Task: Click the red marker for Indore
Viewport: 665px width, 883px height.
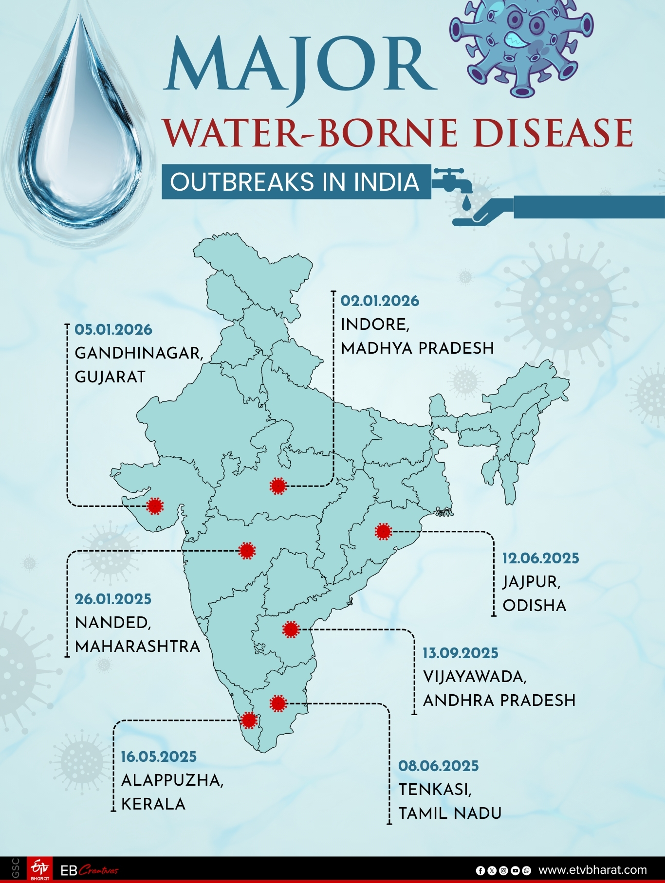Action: tap(277, 486)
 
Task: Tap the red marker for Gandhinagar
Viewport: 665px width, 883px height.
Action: tap(155, 506)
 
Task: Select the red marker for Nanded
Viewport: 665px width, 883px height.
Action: tap(247, 551)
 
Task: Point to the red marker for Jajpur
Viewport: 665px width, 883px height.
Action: tap(383, 531)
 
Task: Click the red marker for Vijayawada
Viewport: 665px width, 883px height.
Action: tap(291, 629)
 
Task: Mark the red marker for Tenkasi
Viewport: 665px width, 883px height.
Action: tap(278, 703)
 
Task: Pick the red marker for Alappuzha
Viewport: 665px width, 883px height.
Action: tap(249, 720)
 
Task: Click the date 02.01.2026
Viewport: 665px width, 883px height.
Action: tap(380, 301)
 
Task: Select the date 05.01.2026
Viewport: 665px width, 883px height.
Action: tap(113, 330)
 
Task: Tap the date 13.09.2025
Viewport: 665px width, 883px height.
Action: tap(460, 653)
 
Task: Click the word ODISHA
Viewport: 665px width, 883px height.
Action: tap(535, 606)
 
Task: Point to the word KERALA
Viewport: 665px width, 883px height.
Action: tap(153, 804)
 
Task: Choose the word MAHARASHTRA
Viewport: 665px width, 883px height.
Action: tap(138, 647)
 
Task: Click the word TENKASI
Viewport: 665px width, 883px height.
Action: tap(435, 790)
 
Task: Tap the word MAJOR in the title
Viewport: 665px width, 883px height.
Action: tap(299, 66)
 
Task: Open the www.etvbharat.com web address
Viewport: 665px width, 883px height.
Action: tap(592, 870)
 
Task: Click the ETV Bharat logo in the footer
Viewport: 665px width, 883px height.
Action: tap(39, 869)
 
